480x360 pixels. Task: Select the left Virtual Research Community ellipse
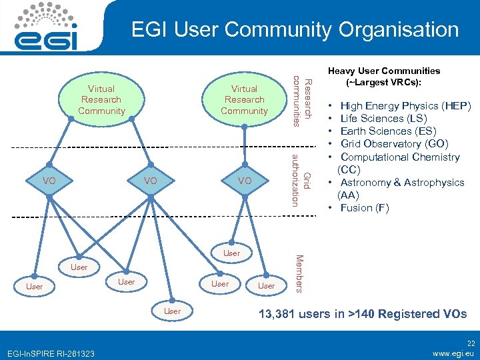pyautogui.click(x=101, y=99)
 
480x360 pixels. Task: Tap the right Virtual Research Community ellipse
pyautogui.click(x=244, y=99)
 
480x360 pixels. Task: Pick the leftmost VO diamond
pyautogui.click(x=49, y=181)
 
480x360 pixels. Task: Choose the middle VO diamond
pyautogui.click(x=151, y=181)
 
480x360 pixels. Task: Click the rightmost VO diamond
pyautogui.click(x=245, y=181)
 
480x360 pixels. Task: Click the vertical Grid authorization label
pyautogui.click(x=300, y=180)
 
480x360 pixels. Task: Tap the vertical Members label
pyautogui.click(x=299, y=273)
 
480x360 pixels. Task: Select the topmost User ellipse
pyautogui.click(x=231, y=253)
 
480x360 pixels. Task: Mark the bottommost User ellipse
pyautogui.click(x=172, y=311)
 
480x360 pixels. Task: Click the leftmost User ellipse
pyautogui.click(x=34, y=287)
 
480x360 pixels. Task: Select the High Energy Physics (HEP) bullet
pyautogui.click(x=405, y=105)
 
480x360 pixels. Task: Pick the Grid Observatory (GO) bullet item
pyautogui.click(x=394, y=144)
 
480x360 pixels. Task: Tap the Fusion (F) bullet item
pyautogui.click(x=364, y=208)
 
